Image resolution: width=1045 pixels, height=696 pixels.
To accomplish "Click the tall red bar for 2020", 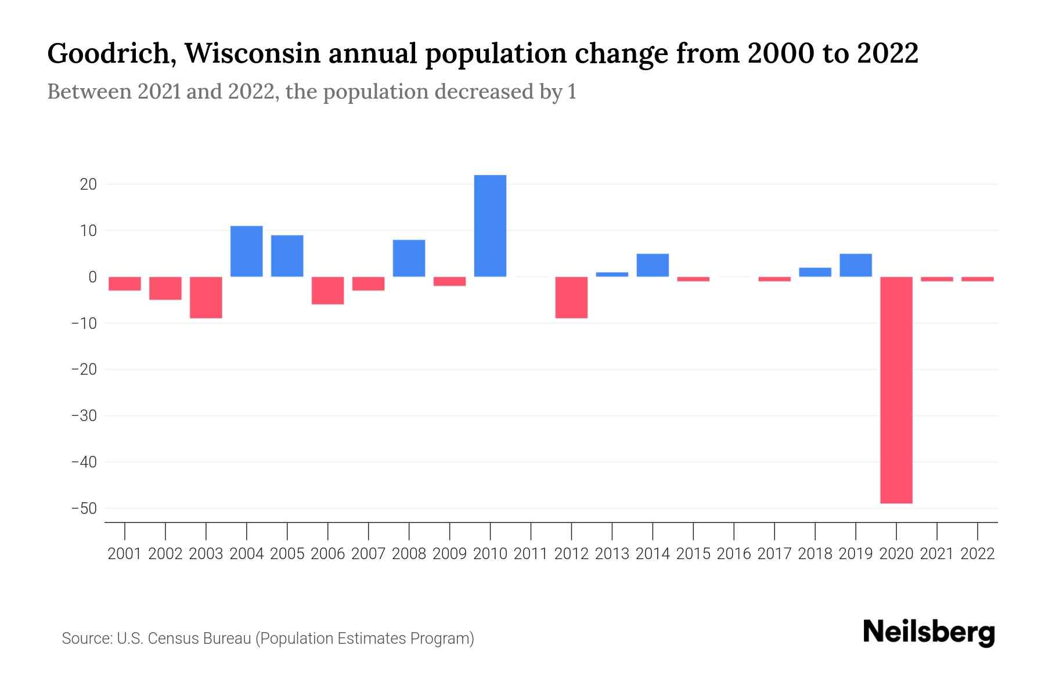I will pyautogui.click(x=896, y=390).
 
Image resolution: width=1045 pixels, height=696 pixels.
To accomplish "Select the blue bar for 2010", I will pyautogui.click(x=490, y=226).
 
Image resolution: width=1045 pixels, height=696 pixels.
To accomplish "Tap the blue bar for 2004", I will pyautogui.click(x=247, y=251).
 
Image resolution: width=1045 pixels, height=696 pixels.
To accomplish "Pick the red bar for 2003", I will pyautogui.click(x=206, y=297).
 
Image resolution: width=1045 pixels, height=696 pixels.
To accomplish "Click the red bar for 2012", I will pyautogui.click(x=571, y=297).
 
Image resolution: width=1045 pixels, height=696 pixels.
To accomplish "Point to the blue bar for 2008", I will pyautogui.click(x=409, y=258).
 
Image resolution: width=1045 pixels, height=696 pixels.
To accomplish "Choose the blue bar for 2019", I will pyautogui.click(x=856, y=265).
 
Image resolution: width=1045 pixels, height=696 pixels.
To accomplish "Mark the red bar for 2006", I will pyautogui.click(x=327, y=290).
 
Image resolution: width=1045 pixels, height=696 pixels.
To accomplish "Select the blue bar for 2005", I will pyautogui.click(x=287, y=256).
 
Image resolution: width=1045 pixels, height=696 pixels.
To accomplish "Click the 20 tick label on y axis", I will pyautogui.click(x=88, y=184).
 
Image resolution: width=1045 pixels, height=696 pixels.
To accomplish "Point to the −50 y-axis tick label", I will pyautogui.click(x=83, y=509).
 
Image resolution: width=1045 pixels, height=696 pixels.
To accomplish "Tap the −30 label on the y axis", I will pyautogui.click(x=83, y=416).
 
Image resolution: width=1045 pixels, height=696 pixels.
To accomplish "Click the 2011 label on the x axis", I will pyautogui.click(x=531, y=554).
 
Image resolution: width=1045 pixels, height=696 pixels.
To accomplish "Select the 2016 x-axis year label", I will pyautogui.click(x=734, y=554).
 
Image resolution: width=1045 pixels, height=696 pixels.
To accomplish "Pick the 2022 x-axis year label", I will pyautogui.click(x=978, y=554).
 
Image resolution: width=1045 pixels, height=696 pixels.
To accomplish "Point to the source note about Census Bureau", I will pyautogui.click(x=268, y=639).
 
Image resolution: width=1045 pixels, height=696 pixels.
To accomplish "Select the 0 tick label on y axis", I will pyautogui.click(x=92, y=277).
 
